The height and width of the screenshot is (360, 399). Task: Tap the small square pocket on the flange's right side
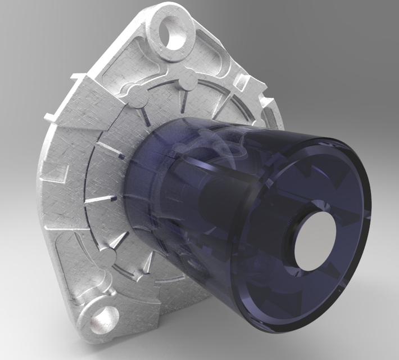pyautogui.click(x=244, y=83)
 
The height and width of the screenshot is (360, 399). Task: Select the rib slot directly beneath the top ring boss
pyautogui.click(x=183, y=101)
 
